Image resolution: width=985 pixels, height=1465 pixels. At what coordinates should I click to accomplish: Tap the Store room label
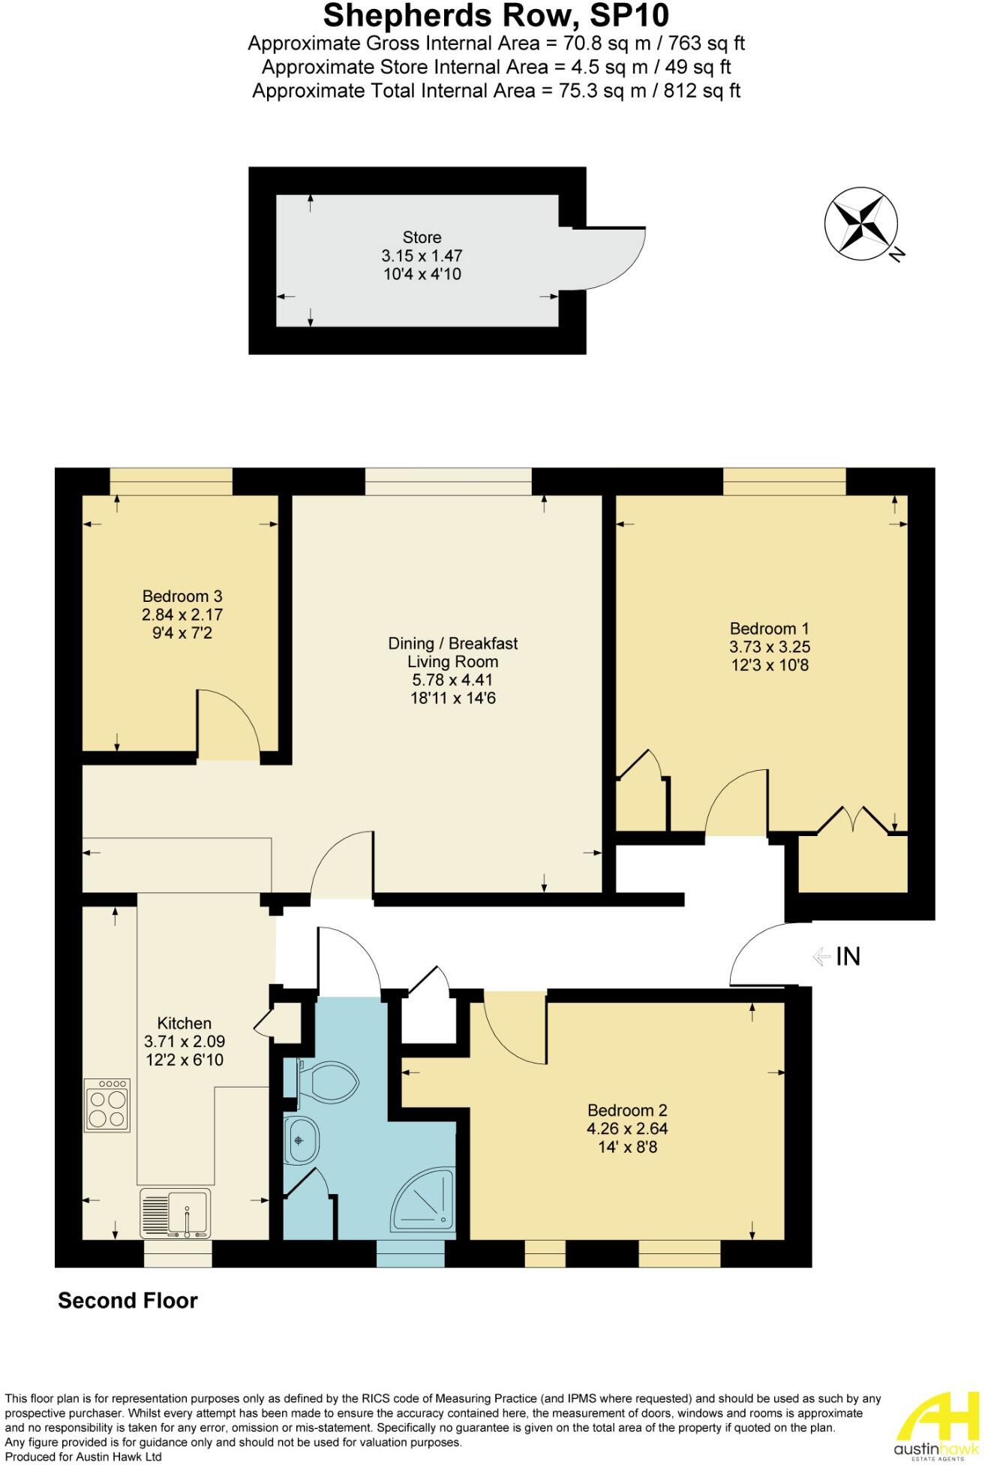(x=422, y=237)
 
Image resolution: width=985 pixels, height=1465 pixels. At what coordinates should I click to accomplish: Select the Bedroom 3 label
(x=182, y=597)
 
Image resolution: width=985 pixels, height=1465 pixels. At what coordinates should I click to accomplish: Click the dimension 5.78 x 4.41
(x=452, y=680)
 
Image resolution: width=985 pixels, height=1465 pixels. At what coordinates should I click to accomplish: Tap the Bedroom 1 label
(x=769, y=629)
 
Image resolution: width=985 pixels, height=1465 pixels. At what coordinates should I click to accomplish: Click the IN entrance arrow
(x=823, y=956)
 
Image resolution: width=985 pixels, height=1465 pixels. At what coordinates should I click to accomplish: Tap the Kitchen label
(x=184, y=1023)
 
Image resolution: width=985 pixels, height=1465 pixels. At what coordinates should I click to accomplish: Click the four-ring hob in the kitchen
(x=108, y=1105)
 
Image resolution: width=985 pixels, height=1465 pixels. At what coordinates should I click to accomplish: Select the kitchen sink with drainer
(x=175, y=1213)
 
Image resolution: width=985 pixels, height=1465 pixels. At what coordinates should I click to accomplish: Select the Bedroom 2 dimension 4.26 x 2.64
(x=626, y=1129)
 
